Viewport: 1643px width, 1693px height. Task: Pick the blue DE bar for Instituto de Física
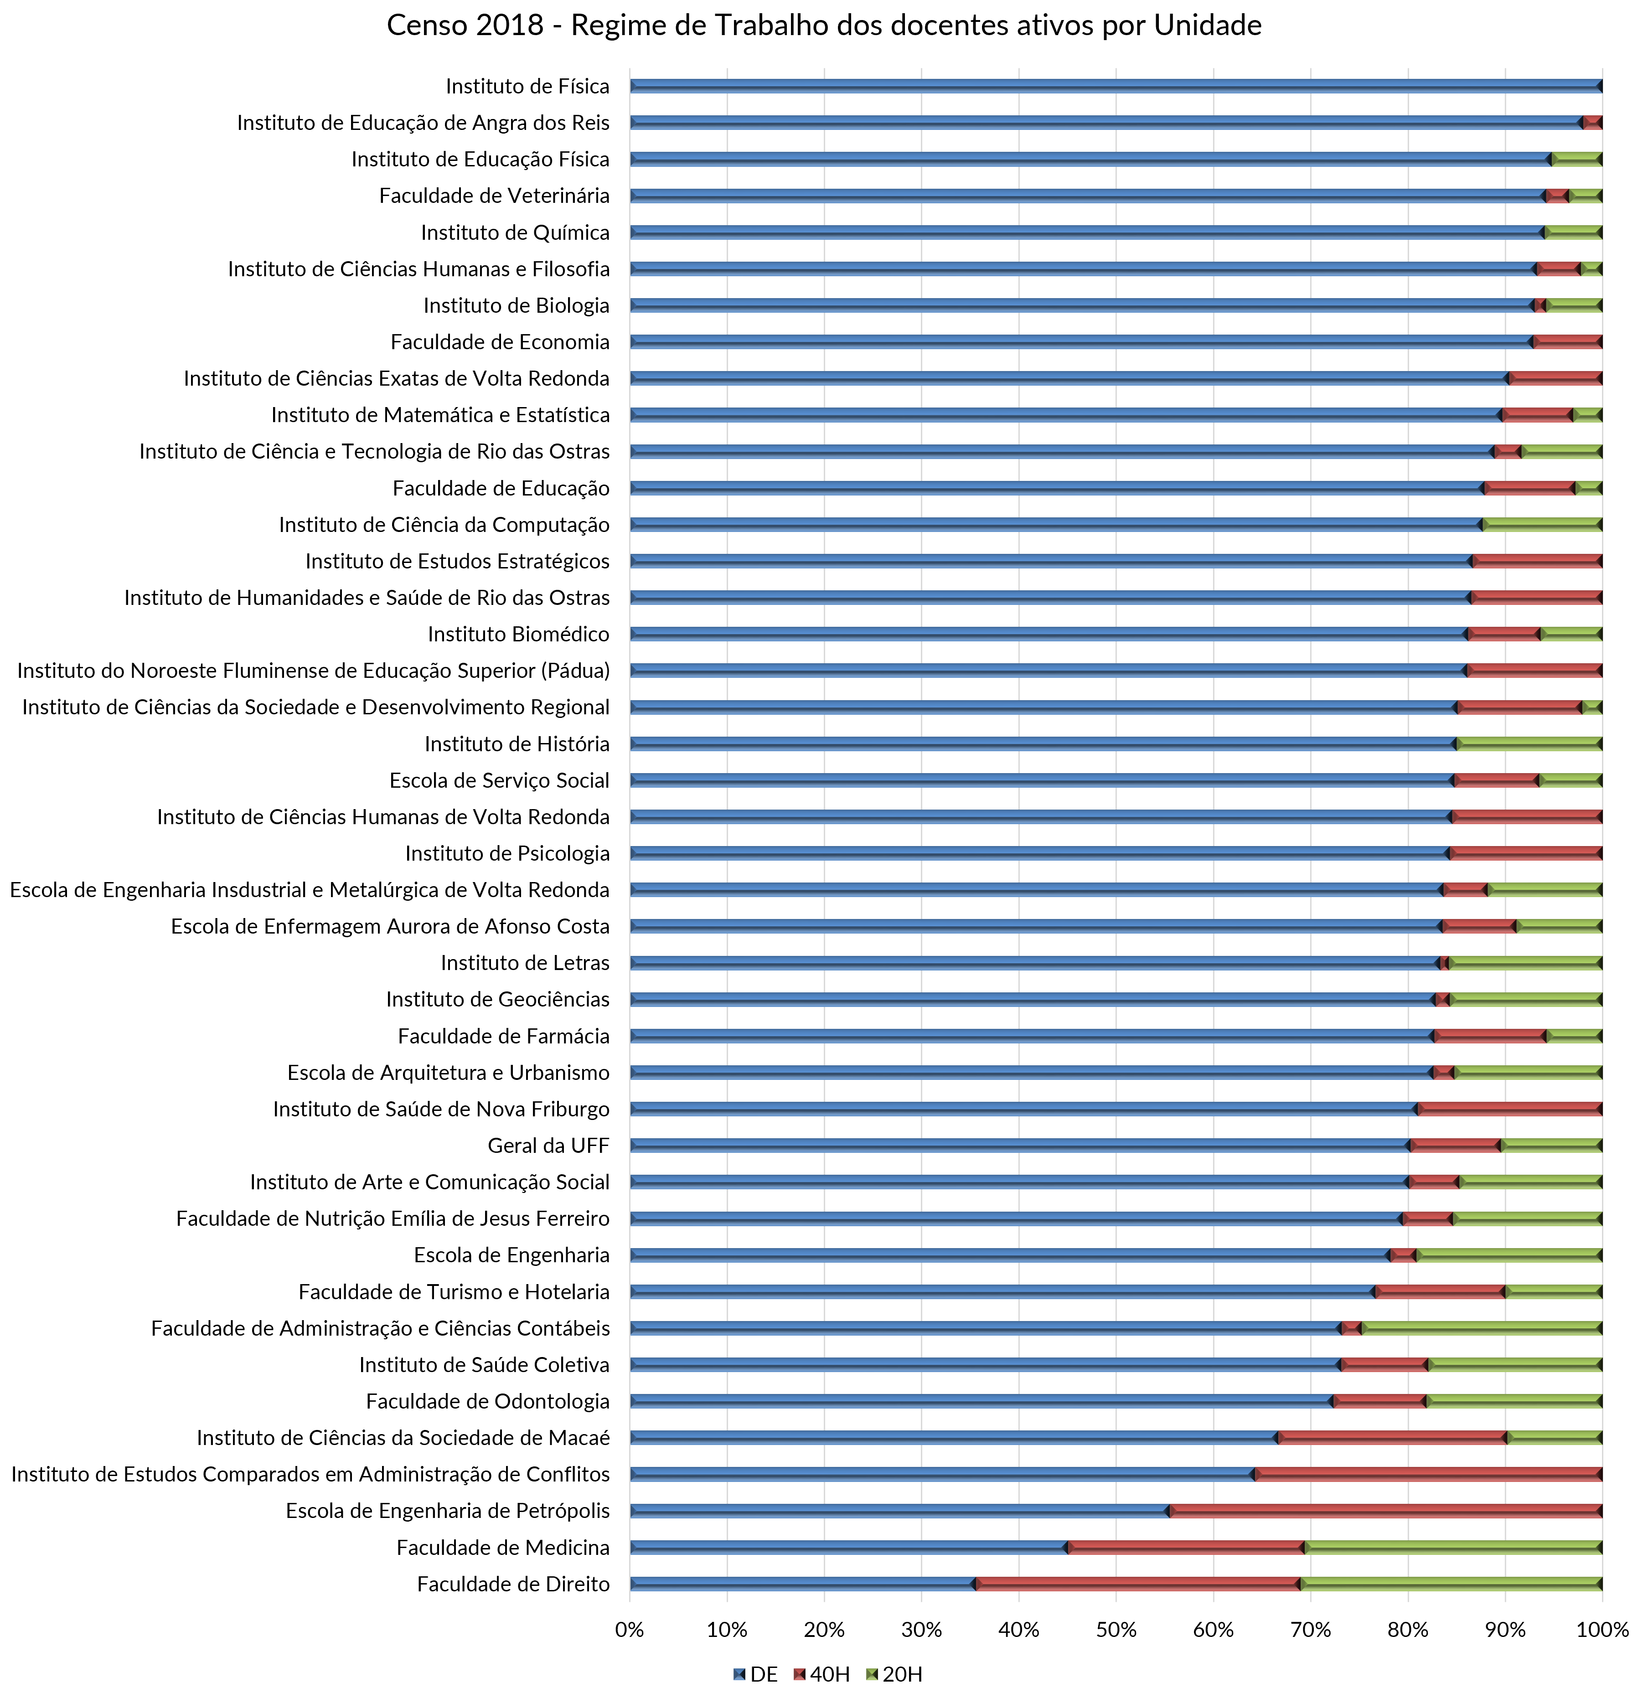1114,86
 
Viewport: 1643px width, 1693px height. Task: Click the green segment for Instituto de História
1529,744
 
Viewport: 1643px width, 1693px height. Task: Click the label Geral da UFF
548,1146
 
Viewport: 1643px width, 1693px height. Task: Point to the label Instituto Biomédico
518,634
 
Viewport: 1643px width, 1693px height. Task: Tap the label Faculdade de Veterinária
494,196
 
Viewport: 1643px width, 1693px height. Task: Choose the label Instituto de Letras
525,963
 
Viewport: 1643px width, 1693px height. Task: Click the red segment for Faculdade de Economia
1567,342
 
